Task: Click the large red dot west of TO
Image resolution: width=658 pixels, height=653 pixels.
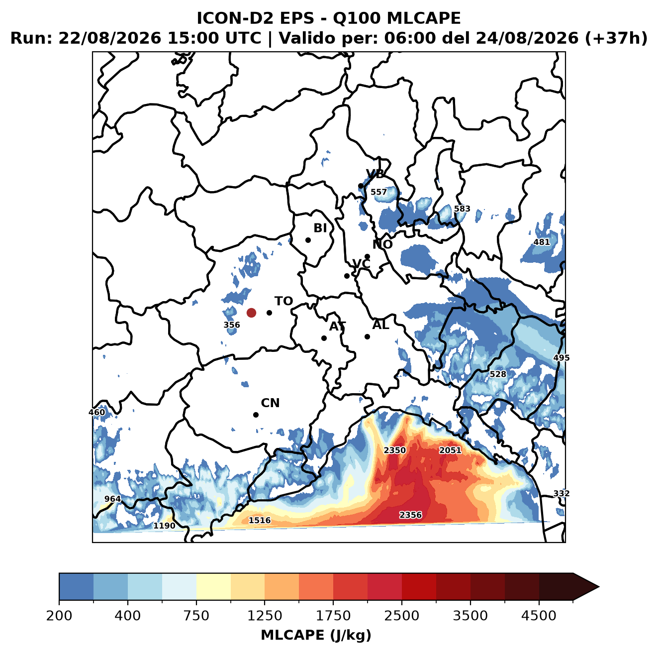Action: (251, 313)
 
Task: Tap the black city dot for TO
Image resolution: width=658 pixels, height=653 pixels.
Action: (269, 313)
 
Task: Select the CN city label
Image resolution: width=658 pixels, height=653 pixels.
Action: (270, 403)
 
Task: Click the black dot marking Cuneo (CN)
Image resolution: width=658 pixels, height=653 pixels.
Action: (256, 415)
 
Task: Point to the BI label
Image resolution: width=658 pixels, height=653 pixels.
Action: (320, 228)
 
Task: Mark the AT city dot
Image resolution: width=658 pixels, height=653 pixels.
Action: (324, 338)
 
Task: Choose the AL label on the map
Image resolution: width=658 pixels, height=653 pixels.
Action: (380, 325)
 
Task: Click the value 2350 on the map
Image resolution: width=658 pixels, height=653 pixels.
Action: (395, 450)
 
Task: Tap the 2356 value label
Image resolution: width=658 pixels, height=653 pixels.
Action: (411, 515)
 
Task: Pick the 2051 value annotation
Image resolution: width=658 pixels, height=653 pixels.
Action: (450, 450)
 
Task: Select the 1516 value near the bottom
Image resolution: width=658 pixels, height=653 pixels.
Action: (260, 520)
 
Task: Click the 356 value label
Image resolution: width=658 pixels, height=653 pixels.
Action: (232, 325)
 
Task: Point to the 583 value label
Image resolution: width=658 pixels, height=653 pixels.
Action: (462, 209)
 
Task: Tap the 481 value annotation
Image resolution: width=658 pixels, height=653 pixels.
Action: (542, 242)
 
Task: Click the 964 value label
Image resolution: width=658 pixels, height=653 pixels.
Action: (113, 499)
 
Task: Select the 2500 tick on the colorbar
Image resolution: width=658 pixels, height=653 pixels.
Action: (401, 616)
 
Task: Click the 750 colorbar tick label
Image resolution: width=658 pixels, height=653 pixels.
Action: (196, 616)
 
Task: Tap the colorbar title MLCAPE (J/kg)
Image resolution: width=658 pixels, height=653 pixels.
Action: (316, 635)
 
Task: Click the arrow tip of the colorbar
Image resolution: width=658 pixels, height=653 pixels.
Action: (599, 587)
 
